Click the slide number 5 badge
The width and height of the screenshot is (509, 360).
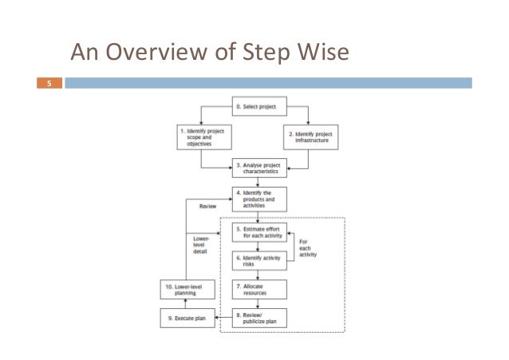click(49, 81)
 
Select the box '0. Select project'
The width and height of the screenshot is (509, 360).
click(259, 105)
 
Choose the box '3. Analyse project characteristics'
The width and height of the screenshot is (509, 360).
click(259, 168)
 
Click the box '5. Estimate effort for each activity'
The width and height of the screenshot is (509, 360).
click(259, 232)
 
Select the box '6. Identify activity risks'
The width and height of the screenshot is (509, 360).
click(259, 261)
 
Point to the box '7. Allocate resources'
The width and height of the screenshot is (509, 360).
click(259, 288)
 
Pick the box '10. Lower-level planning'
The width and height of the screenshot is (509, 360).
click(186, 289)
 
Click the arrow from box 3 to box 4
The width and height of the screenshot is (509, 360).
click(259, 182)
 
